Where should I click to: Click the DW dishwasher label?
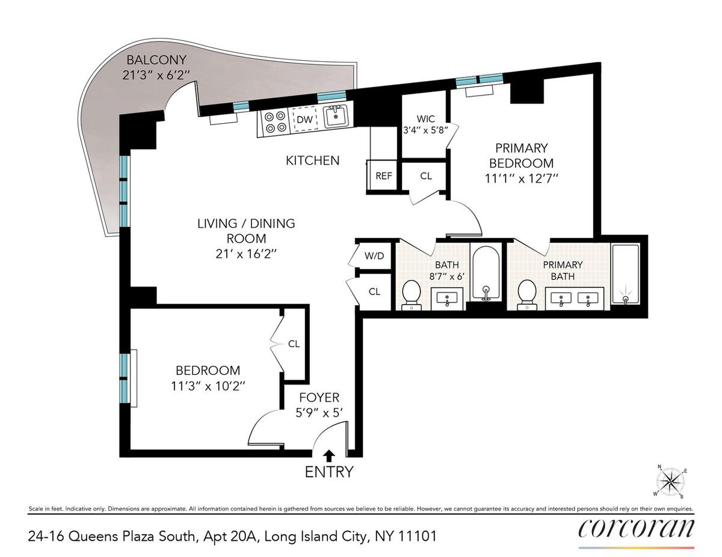click(304, 120)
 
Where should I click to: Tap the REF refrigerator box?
click(383, 175)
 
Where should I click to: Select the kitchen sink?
click(336, 116)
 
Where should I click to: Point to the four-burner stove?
click(275, 122)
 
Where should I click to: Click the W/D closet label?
click(374, 256)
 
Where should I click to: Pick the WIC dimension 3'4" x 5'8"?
click(425, 130)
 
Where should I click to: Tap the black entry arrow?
click(329, 456)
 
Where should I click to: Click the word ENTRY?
click(329, 472)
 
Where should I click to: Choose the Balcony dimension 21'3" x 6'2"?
click(156, 75)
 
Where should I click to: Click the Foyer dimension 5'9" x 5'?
click(319, 413)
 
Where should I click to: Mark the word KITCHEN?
click(313, 160)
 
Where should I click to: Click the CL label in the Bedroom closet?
click(294, 344)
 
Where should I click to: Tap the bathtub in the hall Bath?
click(486, 273)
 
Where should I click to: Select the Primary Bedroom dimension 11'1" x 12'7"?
click(521, 179)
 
